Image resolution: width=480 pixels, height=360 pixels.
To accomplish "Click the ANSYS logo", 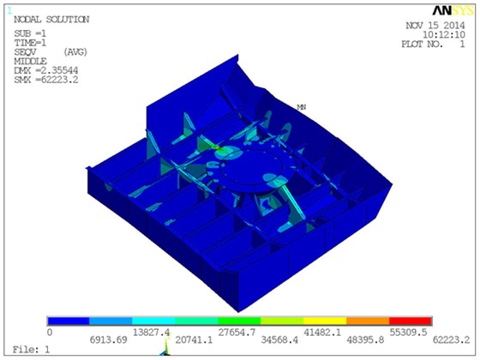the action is click(453, 11).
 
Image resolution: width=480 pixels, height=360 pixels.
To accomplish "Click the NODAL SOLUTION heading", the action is click(51, 20).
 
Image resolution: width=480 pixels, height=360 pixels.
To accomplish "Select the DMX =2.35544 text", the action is click(46, 70).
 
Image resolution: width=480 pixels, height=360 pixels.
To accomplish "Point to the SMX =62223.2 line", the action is click(46, 80).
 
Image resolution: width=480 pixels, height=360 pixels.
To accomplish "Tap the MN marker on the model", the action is click(302, 107).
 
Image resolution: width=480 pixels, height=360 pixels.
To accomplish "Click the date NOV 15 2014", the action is click(435, 26).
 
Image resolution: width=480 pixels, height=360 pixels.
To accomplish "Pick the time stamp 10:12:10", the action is click(444, 34).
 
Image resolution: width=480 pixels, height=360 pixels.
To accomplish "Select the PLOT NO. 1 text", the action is click(433, 44).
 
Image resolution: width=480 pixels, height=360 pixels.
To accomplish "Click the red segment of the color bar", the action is click(411, 321).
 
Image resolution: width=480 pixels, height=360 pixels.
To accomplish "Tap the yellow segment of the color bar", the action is click(325, 321).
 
